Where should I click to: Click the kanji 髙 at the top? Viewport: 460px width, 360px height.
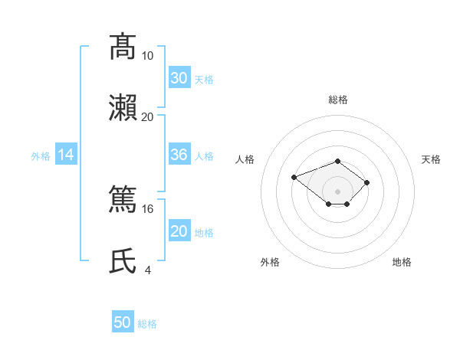(x=123, y=47)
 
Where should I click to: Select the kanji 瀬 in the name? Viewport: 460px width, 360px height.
(x=123, y=108)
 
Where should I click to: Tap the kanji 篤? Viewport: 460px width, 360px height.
(x=123, y=198)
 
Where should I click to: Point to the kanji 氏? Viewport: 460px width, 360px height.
(x=123, y=261)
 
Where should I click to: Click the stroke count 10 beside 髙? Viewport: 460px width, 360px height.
(x=147, y=56)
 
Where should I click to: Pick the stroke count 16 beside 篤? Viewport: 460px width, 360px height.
(x=147, y=209)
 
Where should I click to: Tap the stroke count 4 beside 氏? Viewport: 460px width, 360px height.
(x=148, y=270)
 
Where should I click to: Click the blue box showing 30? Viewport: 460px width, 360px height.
(x=179, y=77)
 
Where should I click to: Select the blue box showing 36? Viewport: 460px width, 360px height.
(x=179, y=154)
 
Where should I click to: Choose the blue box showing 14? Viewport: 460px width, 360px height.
(x=66, y=154)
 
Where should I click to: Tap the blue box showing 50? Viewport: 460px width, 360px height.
(x=123, y=321)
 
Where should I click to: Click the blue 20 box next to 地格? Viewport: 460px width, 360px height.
(x=179, y=230)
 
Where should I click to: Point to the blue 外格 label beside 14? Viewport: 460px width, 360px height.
(x=41, y=156)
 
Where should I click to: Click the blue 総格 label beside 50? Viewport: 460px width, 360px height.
(x=147, y=324)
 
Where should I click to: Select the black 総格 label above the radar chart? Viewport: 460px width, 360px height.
(x=338, y=100)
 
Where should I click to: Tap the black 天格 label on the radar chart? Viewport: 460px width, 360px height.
(x=431, y=159)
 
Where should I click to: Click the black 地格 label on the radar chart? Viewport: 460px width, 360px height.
(x=402, y=262)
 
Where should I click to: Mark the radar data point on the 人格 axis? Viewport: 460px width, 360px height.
(x=294, y=178)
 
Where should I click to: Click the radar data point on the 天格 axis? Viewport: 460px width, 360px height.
(x=366, y=182)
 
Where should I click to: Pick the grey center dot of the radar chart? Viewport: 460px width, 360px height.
(x=337, y=191)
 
